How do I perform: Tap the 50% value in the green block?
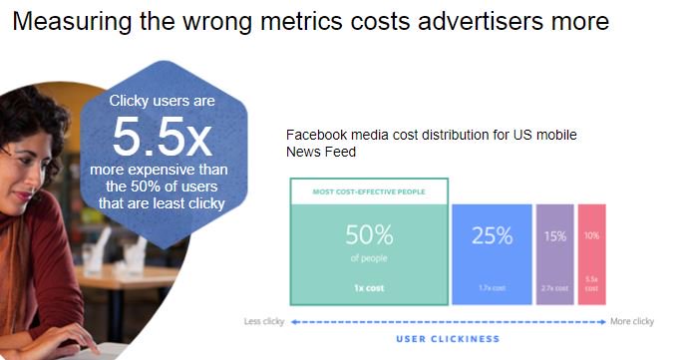coord(369,235)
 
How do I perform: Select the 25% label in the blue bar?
coord(492,236)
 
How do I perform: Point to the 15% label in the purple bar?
coord(554,236)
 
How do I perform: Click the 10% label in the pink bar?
coord(592,236)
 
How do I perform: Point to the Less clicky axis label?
coord(265,321)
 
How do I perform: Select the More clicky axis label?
coord(631,321)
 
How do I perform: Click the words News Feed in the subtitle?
coord(321,152)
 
